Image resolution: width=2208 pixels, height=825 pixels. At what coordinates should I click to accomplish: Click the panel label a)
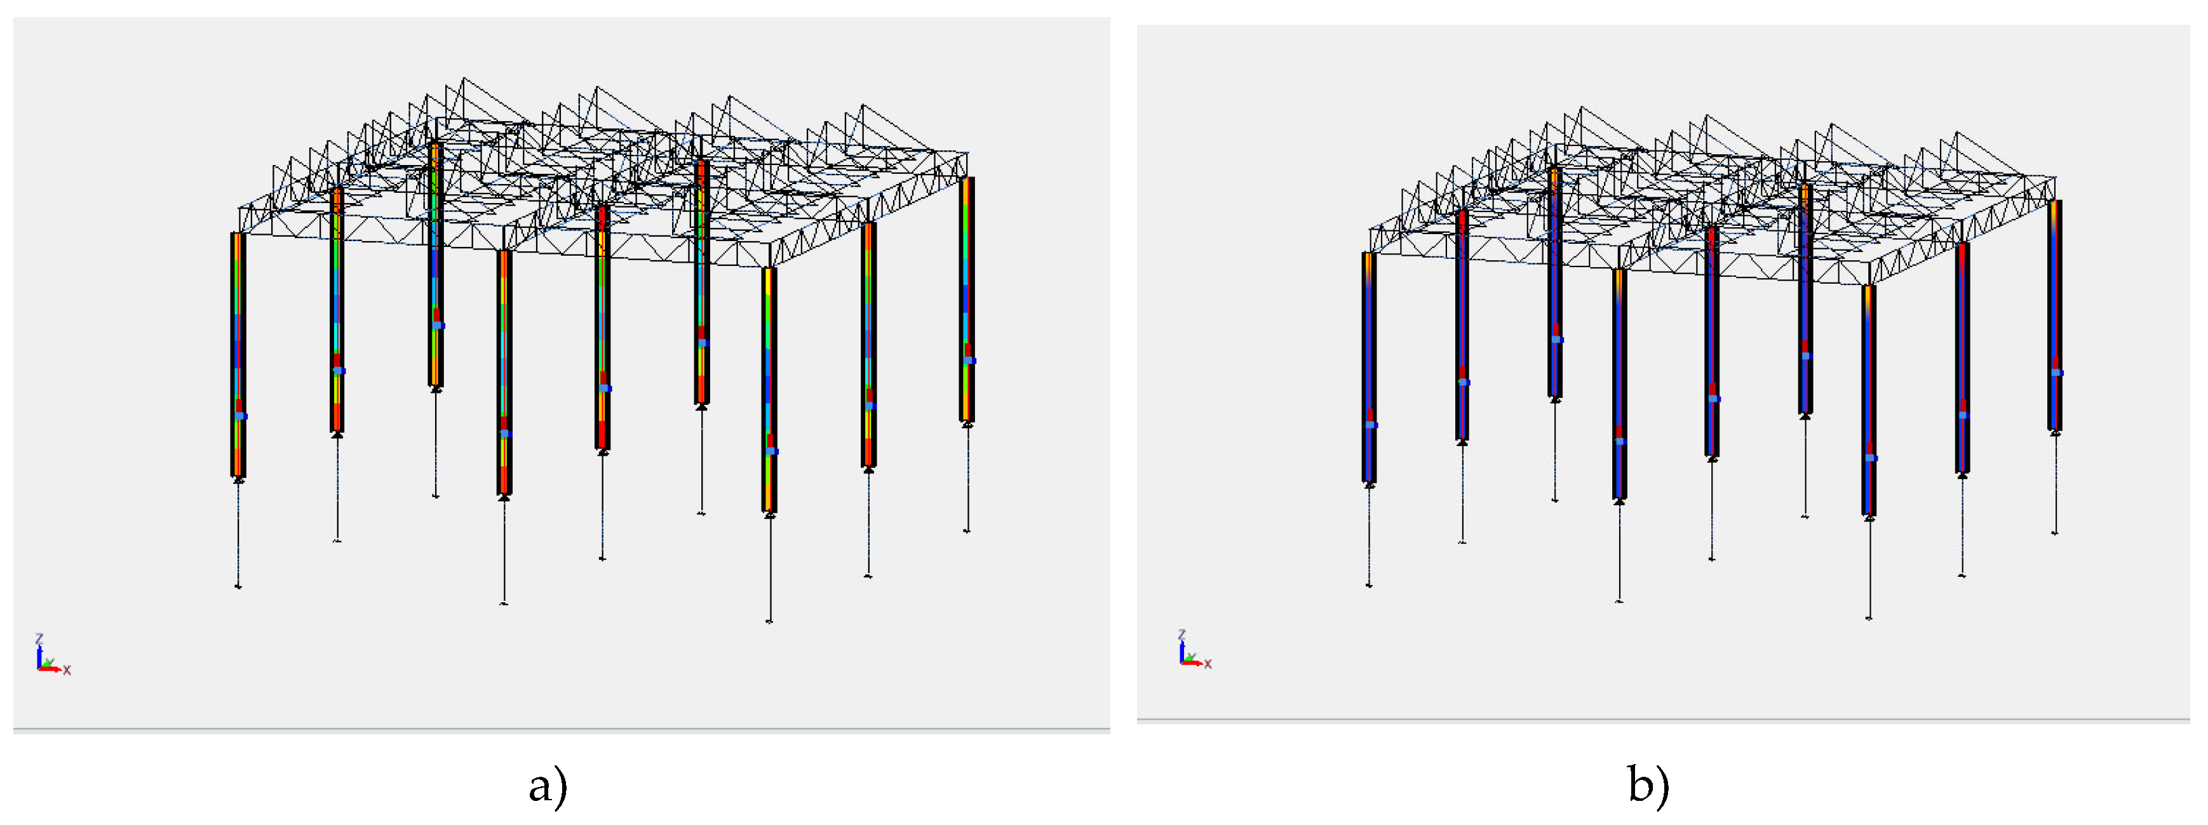tap(548, 785)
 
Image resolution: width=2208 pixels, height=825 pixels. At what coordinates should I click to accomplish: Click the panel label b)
tap(1648, 785)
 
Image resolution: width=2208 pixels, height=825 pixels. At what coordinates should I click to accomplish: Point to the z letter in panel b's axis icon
tap(1182, 635)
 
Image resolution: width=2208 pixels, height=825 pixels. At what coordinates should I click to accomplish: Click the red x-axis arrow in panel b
tap(1192, 663)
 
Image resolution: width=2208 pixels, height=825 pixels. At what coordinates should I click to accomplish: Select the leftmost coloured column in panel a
tap(238, 354)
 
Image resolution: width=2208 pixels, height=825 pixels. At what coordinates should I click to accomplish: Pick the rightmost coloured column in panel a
tap(967, 299)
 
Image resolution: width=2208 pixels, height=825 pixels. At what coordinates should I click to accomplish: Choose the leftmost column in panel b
tap(1369, 367)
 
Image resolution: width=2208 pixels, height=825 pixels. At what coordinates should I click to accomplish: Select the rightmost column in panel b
tap(2054, 315)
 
